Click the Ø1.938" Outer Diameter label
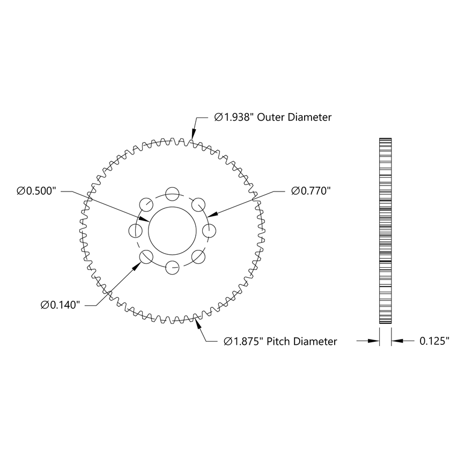click(x=272, y=117)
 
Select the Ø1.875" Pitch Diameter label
click(x=281, y=342)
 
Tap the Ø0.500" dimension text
click(x=36, y=191)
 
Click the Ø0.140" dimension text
click(x=61, y=305)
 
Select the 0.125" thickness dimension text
click(x=434, y=341)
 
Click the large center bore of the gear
click(x=172, y=230)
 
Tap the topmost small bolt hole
click(x=172, y=194)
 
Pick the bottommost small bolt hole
click(x=172, y=267)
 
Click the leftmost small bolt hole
click(x=136, y=231)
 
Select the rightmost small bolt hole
click(x=209, y=231)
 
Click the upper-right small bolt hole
click(x=198, y=204)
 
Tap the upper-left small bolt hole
click(x=146, y=204)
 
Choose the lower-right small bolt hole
click(x=198, y=256)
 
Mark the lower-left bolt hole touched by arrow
click(x=146, y=256)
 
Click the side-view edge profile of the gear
click(x=385, y=231)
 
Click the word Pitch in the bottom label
click(x=279, y=342)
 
